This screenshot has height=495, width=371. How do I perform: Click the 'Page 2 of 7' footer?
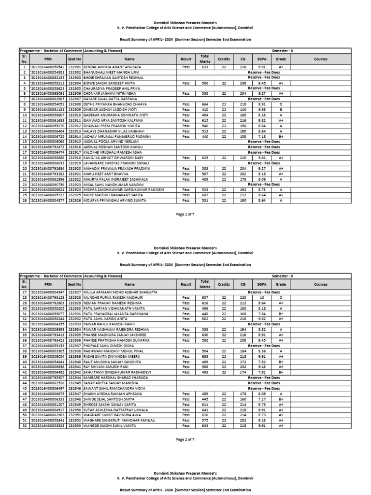pyautogui.click(x=185, y=439)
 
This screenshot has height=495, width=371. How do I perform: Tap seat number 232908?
pyautogui.click(x=74, y=104)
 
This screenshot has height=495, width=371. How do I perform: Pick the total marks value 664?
pyautogui.click(x=205, y=104)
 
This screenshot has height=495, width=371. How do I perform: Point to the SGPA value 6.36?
pyautogui.click(x=262, y=109)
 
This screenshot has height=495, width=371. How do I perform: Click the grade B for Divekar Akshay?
pyautogui.click(x=281, y=109)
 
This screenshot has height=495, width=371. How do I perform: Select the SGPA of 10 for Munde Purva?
pyautogui.click(x=262, y=298)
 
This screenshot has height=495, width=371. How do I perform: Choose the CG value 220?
pyautogui.click(x=243, y=298)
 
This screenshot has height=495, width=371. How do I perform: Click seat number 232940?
pyautogui.click(x=74, y=361)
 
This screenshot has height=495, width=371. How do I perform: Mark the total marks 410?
pyautogui.click(x=205, y=109)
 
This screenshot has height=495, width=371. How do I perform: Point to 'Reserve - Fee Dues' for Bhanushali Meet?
pyautogui.click(x=263, y=73)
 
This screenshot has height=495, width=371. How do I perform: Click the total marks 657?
pyautogui.click(x=205, y=298)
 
